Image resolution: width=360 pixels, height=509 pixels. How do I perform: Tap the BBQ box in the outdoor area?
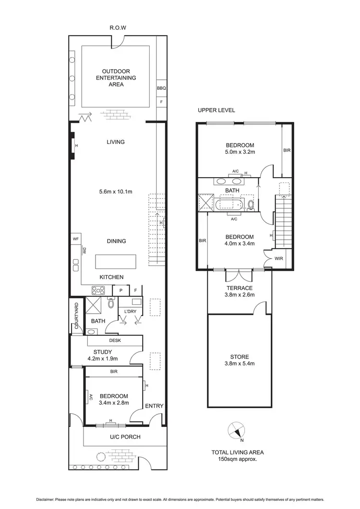[x=161, y=88]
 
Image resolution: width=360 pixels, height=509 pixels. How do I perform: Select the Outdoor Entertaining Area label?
[x=116, y=78]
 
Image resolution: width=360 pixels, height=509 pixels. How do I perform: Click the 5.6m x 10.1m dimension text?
[x=116, y=192]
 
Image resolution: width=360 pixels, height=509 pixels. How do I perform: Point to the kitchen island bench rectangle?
[x=116, y=262]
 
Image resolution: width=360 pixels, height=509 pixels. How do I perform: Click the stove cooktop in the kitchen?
[x=98, y=290]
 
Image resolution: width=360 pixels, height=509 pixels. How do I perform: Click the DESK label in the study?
[x=114, y=340]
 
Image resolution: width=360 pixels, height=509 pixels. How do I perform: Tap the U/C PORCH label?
[x=118, y=437]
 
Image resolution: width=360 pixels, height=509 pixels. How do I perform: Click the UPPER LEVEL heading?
[x=216, y=110]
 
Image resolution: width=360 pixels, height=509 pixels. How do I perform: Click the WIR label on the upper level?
[x=278, y=258]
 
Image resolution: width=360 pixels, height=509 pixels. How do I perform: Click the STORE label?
[x=239, y=357]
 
